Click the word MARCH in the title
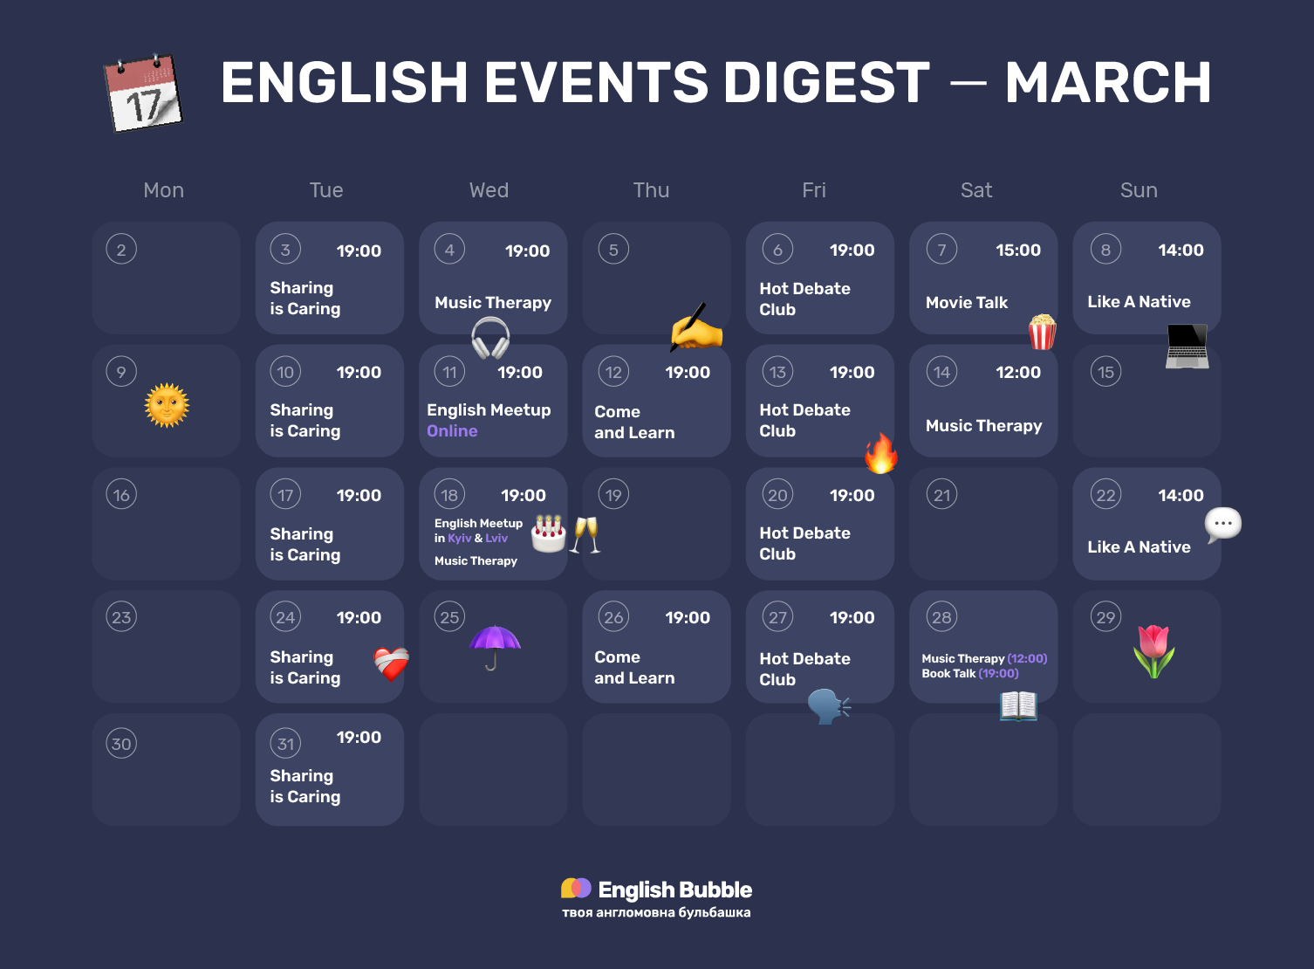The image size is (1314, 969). (1107, 83)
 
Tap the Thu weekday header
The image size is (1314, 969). (651, 190)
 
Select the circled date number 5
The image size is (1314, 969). (613, 250)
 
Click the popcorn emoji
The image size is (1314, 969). (1042, 332)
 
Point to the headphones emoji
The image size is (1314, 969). (490, 338)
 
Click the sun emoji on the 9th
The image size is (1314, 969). (167, 406)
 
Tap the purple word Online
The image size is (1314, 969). (452, 431)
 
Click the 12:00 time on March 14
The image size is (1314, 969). (1017, 373)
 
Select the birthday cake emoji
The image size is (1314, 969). (549, 533)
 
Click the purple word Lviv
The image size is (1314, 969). (496, 539)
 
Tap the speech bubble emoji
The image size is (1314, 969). (1222, 525)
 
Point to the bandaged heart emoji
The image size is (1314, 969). (391, 663)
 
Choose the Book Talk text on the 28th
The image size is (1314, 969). (948, 674)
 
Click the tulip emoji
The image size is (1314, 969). (1153, 651)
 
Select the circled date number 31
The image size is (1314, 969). (285, 744)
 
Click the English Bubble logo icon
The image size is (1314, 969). (576, 889)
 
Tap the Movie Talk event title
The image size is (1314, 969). (966, 303)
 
